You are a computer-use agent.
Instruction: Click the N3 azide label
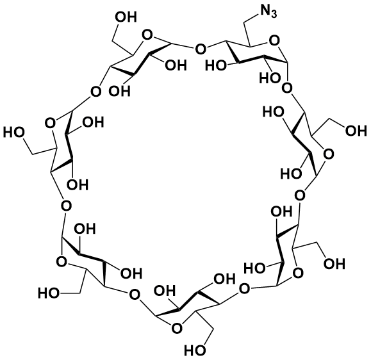click(268, 11)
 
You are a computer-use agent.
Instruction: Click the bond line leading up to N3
click(251, 18)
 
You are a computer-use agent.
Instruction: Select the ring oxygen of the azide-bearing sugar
click(274, 41)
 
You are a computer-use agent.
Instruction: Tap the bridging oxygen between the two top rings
click(200, 49)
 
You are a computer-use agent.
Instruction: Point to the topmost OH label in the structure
click(126, 17)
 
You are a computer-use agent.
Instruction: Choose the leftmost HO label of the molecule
click(14, 133)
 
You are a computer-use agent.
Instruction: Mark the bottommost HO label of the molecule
click(195, 350)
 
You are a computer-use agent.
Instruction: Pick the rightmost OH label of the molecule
click(356, 131)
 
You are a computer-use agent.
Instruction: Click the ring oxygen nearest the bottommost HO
click(177, 328)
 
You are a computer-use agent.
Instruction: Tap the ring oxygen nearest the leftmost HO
click(50, 123)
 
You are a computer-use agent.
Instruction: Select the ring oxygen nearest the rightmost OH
click(329, 154)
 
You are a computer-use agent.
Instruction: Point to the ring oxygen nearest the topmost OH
click(147, 35)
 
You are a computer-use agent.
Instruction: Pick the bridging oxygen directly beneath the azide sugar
click(288, 88)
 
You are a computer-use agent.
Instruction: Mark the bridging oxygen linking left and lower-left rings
click(66, 206)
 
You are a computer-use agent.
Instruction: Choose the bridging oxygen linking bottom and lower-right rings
click(244, 288)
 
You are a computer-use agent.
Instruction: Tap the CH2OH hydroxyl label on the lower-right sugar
click(334, 264)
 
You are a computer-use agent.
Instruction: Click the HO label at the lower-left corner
click(49, 293)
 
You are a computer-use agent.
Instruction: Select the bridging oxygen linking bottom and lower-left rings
click(135, 295)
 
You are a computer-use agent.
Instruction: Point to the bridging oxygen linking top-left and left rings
click(96, 92)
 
